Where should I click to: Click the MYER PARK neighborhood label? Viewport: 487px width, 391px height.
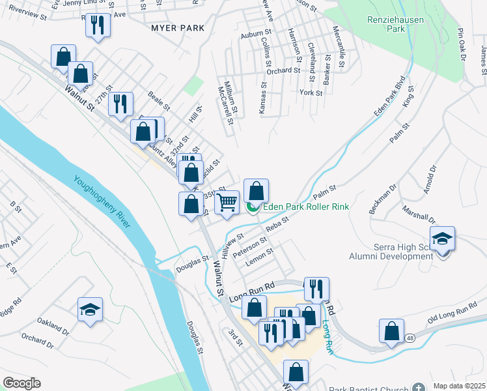pyautogui.click(x=178, y=29)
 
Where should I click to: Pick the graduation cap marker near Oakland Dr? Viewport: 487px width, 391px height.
pyautogui.click(x=90, y=310)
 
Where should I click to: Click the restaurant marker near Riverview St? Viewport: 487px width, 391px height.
pyautogui.click(x=98, y=25)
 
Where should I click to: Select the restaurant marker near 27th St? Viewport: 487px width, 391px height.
pyautogui.click(x=120, y=104)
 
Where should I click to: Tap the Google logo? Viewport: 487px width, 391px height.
pyautogui.click(x=21, y=383)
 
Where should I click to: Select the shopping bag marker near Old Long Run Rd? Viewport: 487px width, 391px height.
pyautogui.click(x=391, y=331)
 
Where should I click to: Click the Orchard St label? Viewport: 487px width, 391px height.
pyautogui.click(x=283, y=70)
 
